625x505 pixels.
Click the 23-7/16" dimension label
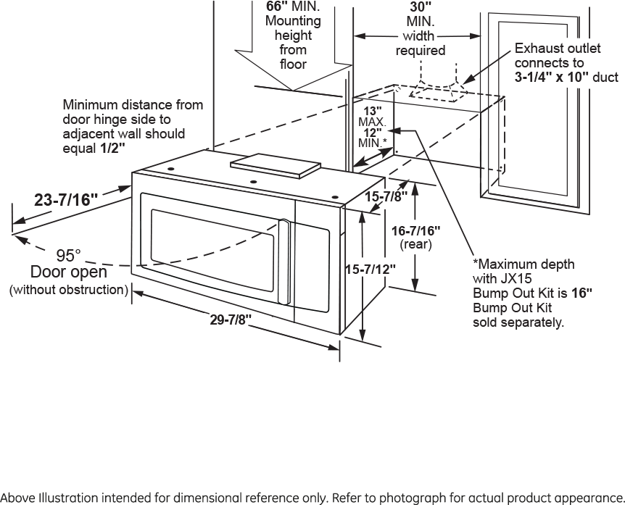66,201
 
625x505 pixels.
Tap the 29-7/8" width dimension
231,320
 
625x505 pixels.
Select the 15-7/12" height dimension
370,269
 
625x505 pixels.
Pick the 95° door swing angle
69,256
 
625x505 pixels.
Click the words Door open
68,272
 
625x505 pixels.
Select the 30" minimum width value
421,6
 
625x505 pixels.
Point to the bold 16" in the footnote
582,293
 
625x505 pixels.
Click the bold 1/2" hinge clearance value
112,148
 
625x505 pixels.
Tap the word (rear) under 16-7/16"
415,245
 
